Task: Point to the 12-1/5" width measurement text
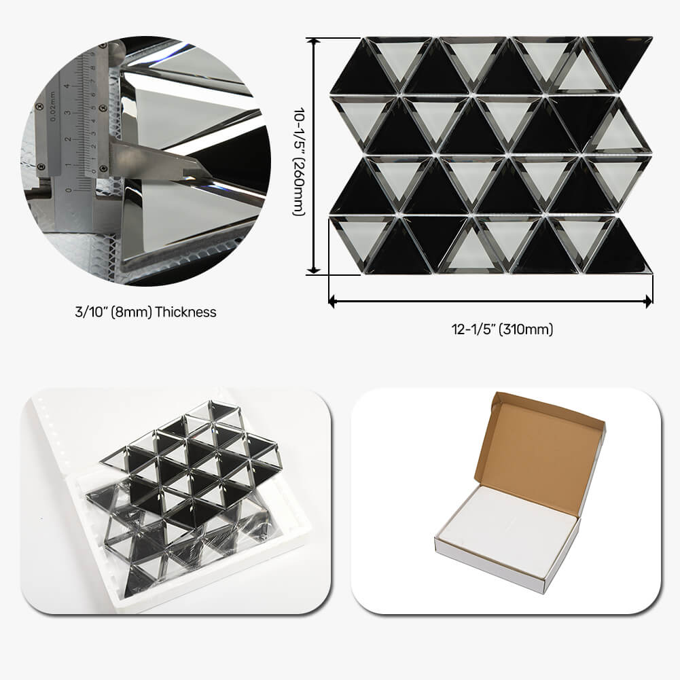click(x=473, y=330)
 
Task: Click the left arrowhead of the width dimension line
click(x=332, y=299)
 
